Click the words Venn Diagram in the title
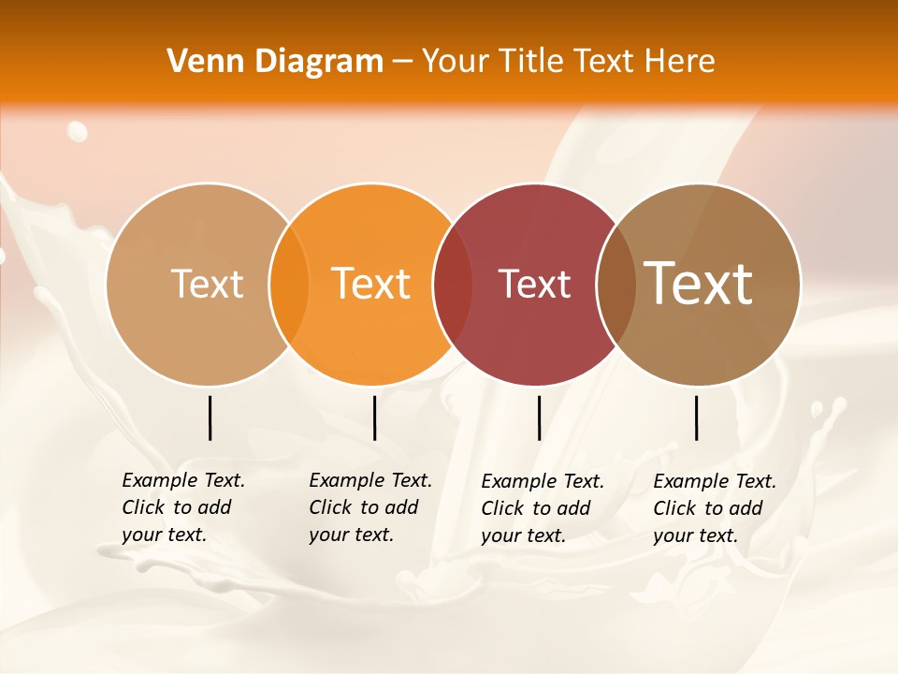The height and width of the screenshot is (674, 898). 275,62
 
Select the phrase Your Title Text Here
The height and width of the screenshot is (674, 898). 569,62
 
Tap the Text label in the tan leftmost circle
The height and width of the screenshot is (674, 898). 207,284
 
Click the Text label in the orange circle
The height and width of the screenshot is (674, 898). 371,284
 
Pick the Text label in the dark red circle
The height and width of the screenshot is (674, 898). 534,284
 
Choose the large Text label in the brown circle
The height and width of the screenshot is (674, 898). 699,283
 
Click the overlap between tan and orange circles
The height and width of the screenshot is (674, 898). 289,285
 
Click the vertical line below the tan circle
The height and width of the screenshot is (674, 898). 210,418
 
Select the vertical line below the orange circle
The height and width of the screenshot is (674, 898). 374,418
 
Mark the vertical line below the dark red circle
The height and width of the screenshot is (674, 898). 539,418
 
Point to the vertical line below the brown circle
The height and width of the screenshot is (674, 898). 696,418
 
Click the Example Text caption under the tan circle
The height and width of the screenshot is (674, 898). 183,507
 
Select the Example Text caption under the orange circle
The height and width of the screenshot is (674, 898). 370,507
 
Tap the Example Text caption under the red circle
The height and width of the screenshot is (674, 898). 543,508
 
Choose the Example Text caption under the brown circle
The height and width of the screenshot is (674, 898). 715,508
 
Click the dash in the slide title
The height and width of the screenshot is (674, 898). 402,62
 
